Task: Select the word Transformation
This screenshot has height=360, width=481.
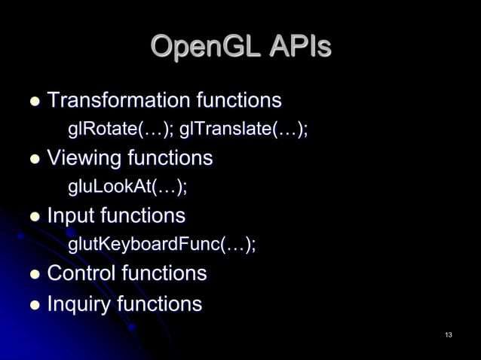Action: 118,100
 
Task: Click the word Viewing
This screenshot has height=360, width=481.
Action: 84,158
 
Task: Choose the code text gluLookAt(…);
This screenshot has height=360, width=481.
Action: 127,187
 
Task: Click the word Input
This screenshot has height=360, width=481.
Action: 72,216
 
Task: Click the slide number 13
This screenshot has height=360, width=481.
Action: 449,334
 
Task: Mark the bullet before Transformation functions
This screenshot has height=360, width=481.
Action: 34,102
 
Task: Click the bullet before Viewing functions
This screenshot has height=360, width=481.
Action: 34,160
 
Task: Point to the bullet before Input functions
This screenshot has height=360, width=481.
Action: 34,218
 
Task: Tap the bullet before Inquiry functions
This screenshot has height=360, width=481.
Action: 34,306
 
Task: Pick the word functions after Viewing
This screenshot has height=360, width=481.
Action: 170,158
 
